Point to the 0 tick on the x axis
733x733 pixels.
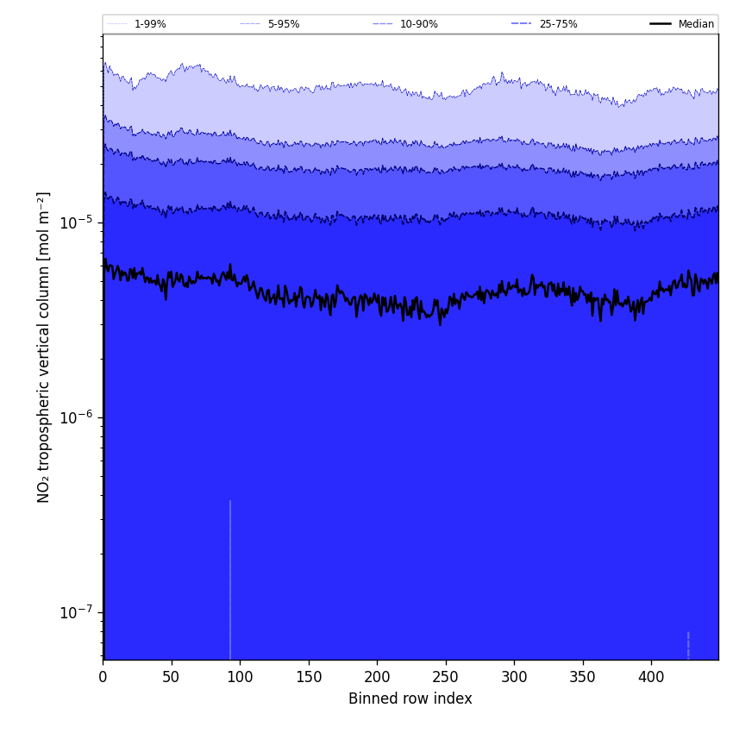103,677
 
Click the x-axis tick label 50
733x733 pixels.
172,677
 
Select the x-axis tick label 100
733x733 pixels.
240,677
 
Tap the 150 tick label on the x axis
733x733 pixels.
309,677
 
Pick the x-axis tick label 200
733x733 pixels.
377,677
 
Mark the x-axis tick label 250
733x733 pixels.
446,677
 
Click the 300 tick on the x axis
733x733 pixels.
514,677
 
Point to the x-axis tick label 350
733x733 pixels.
583,677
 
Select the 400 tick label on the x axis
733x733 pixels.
651,677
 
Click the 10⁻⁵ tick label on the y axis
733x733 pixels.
76,222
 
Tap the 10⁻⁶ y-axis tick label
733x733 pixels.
76,417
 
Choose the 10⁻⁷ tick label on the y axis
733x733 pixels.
76,612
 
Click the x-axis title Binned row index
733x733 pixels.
410,699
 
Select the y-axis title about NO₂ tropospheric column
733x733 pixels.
43,347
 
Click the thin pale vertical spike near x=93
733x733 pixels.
230,578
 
